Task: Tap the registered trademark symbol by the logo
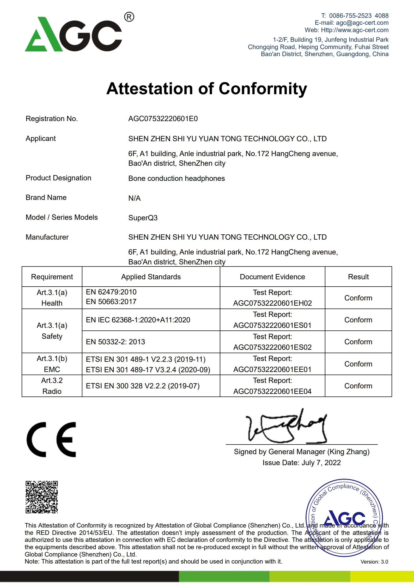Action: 129,17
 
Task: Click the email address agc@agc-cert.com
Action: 362,23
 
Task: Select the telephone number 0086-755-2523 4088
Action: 358,16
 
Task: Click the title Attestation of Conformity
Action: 207,89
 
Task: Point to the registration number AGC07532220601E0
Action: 163,119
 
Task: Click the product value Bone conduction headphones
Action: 176,179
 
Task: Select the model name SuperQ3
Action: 143,218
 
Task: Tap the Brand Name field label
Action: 46,198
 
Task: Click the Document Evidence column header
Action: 272,277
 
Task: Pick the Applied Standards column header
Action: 151,277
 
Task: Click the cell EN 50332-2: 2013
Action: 115,342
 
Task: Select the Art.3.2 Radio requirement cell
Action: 52,386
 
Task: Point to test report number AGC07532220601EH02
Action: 272,303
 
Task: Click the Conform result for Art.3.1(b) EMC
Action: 358,364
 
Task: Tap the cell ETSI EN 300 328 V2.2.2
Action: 143,386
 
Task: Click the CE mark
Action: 51,440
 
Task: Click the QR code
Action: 42,497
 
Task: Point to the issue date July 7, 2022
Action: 321,463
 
